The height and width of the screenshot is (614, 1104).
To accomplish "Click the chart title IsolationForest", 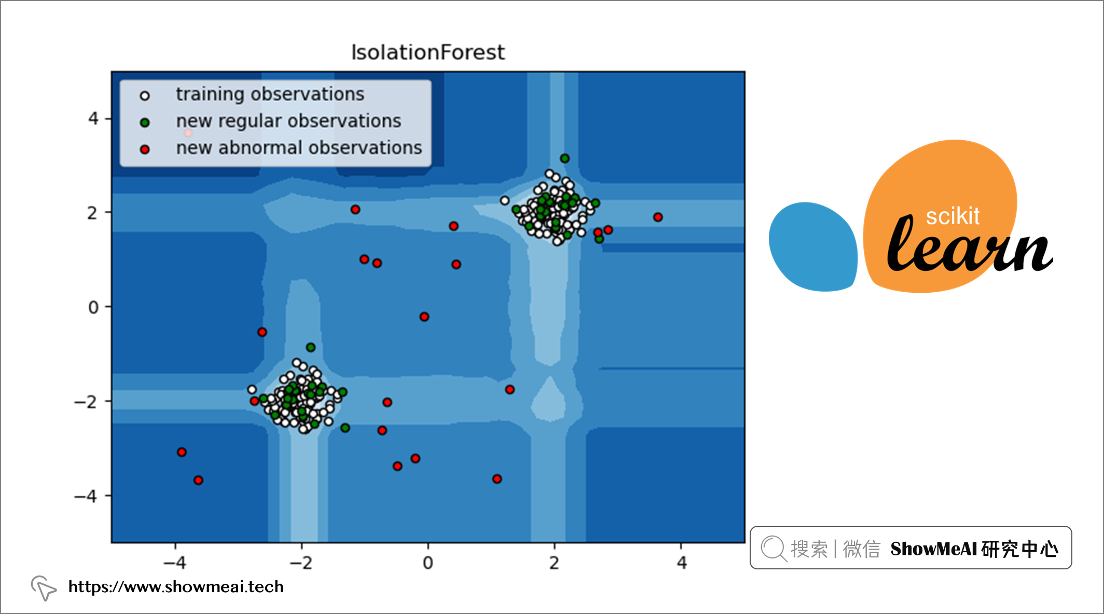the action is click(x=428, y=52).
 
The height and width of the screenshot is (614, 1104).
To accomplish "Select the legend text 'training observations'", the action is click(x=270, y=94).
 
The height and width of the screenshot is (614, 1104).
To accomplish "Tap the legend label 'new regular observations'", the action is click(x=288, y=121).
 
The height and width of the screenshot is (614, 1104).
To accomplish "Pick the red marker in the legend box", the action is click(x=145, y=149).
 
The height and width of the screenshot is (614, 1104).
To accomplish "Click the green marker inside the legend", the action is click(x=145, y=122).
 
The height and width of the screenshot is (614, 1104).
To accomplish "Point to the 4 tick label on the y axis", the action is click(x=93, y=119).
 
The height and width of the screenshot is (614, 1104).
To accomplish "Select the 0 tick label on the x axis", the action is click(x=428, y=563).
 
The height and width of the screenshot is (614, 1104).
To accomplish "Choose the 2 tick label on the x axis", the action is click(x=555, y=563).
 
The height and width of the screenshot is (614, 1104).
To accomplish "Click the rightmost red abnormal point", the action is click(x=658, y=217).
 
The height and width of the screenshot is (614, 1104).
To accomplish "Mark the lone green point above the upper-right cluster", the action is click(x=565, y=158).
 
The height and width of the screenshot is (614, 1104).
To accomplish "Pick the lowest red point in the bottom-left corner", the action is click(x=198, y=480).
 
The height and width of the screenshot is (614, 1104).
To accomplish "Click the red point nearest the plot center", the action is click(x=424, y=317).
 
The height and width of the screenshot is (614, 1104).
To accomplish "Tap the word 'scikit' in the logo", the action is click(x=953, y=216).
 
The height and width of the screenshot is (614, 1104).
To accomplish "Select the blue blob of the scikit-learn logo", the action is click(x=813, y=247).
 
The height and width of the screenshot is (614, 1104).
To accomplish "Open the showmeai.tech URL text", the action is click(x=176, y=587).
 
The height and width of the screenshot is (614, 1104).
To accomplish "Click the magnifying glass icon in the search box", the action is click(x=774, y=549).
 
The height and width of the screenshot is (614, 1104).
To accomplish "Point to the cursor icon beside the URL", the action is click(x=43, y=588).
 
